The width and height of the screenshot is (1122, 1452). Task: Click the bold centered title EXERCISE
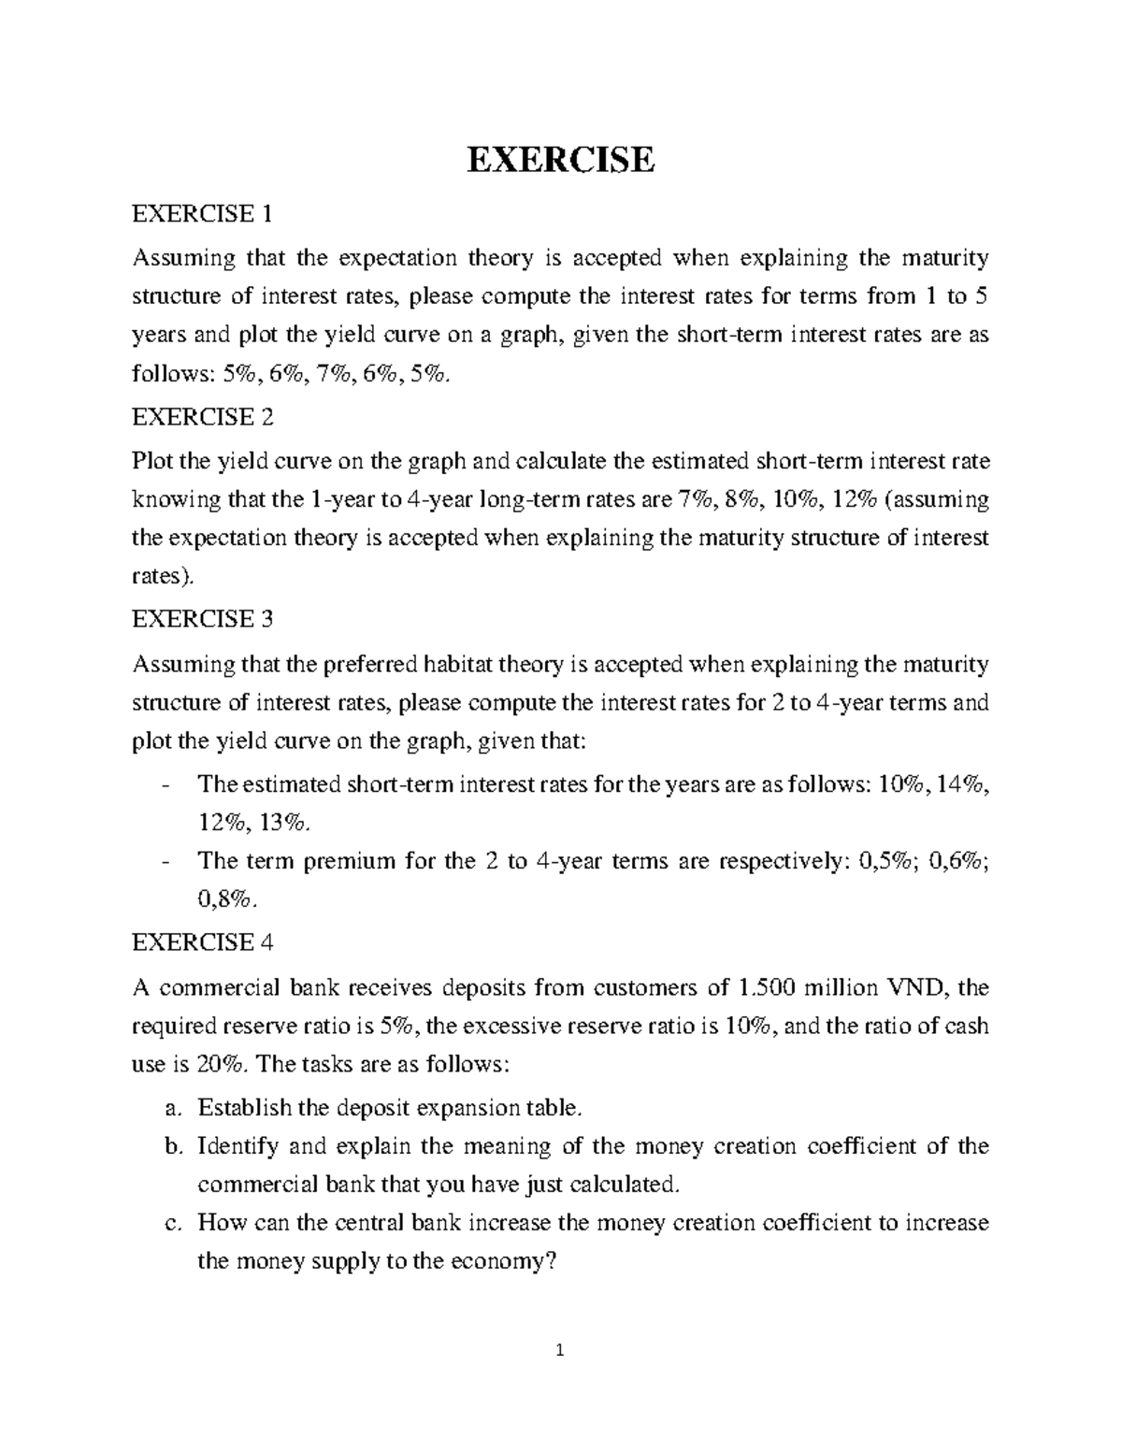click(x=560, y=160)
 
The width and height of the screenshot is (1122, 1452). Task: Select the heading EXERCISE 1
click(x=203, y=215)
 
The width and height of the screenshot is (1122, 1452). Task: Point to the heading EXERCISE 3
click(x=203, y=619)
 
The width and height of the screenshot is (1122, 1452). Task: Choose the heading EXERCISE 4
click(x=203, y=942)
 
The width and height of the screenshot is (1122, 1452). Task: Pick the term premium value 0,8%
click(x=224, y=899)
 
